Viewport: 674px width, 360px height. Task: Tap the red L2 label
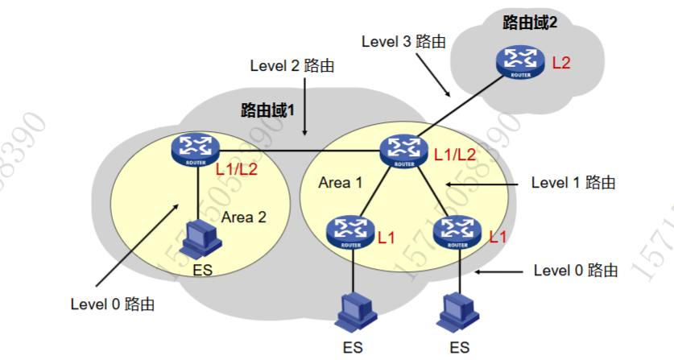[562, 62]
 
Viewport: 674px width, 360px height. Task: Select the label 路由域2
[530, 23]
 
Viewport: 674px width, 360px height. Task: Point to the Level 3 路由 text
[404, 41]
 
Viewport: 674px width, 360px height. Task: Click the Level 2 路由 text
[291, 66]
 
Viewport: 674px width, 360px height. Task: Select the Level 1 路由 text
[573, 183]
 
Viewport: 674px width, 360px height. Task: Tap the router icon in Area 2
[196, 149]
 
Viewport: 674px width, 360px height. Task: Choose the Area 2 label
[243, 217]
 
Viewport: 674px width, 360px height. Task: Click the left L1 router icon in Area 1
[351, 231]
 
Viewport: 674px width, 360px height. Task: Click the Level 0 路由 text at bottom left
[113, 304]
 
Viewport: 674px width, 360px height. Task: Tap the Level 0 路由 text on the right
[576, 271]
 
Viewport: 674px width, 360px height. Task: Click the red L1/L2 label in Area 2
[240, 170]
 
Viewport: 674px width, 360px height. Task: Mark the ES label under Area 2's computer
[203, 270]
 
